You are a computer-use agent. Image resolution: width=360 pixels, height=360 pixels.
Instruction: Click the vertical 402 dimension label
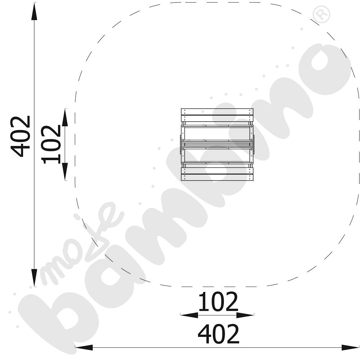21,136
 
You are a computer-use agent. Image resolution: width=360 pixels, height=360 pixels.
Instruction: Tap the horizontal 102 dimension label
218,301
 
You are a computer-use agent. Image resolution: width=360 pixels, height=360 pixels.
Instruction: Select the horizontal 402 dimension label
219,334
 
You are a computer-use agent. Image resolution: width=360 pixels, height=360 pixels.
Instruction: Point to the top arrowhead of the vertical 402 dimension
34,12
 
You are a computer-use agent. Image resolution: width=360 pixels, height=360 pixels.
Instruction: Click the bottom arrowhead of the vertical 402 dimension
34,278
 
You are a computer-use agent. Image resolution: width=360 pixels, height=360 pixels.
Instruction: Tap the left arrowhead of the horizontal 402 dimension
84,347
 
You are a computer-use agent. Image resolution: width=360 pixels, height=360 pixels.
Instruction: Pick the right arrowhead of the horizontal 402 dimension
350,347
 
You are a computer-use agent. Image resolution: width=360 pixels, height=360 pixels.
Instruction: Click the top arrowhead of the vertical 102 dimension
65,117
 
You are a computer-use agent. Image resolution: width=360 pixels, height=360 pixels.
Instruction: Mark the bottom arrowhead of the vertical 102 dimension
65,171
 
